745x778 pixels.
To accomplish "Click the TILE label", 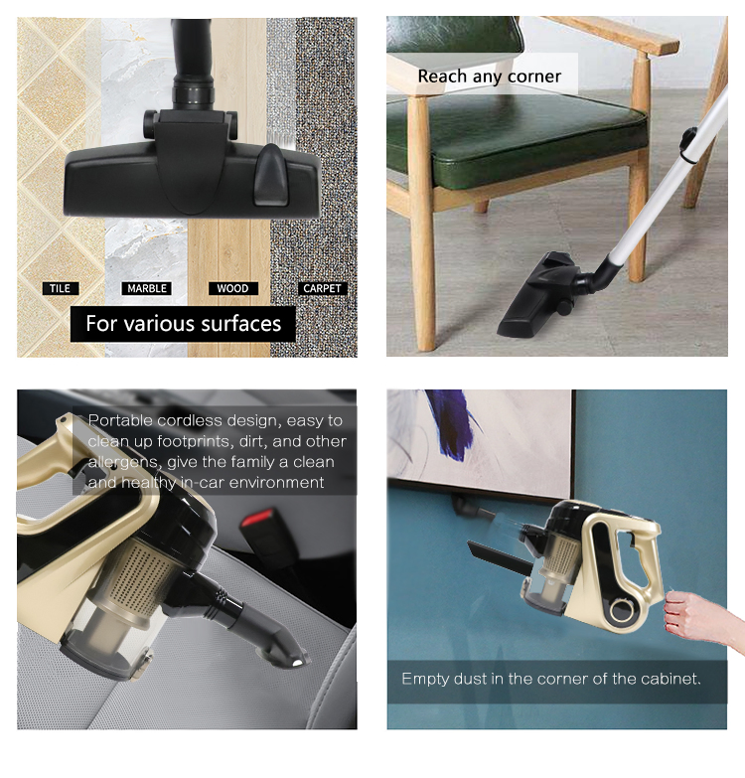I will tap(61, 288).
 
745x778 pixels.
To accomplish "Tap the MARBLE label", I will tap(147, 288).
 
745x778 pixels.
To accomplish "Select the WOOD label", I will tap(232, 288).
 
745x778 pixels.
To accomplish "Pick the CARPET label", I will tap(322, 288).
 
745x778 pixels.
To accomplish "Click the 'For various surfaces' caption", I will tap(183, 323).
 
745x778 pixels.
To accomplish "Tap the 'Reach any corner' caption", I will tap(489, 77).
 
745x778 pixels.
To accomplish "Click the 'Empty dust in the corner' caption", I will tap(551, 680).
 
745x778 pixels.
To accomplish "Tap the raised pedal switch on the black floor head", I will tap(269, 161).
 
